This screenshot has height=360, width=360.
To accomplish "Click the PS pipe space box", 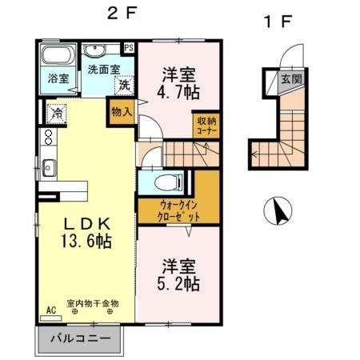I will [x=129, y=47].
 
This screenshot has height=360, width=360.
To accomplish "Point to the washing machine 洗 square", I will [x=125, y=85].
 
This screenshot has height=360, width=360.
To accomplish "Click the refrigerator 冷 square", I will [x=56, y=114].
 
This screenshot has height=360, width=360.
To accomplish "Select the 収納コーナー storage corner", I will [x=206, y=126].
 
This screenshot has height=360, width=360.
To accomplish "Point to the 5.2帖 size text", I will [x=178, y=282].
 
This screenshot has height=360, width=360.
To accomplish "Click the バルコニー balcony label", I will [x=78, y=338].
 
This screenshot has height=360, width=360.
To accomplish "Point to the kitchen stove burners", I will [x=47, y=138].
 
